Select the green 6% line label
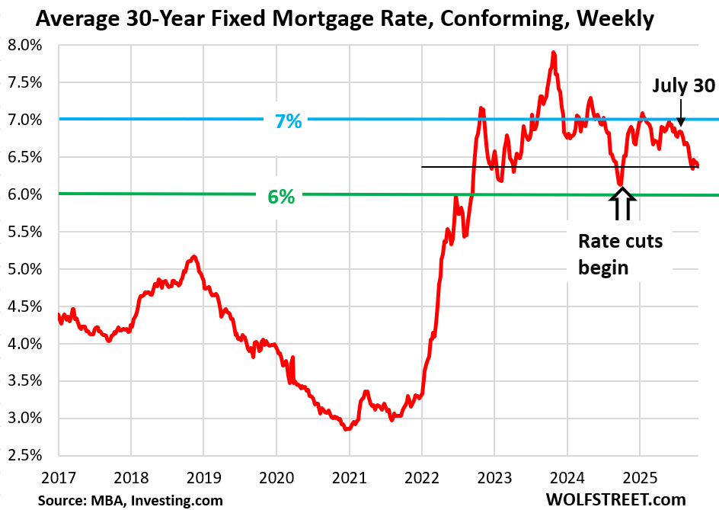tap(280, 195)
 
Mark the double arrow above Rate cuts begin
tap(622, 204)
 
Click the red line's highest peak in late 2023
tap(554, 53)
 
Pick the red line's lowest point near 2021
tap(347, 429)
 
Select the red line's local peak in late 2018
tap(194, 256)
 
